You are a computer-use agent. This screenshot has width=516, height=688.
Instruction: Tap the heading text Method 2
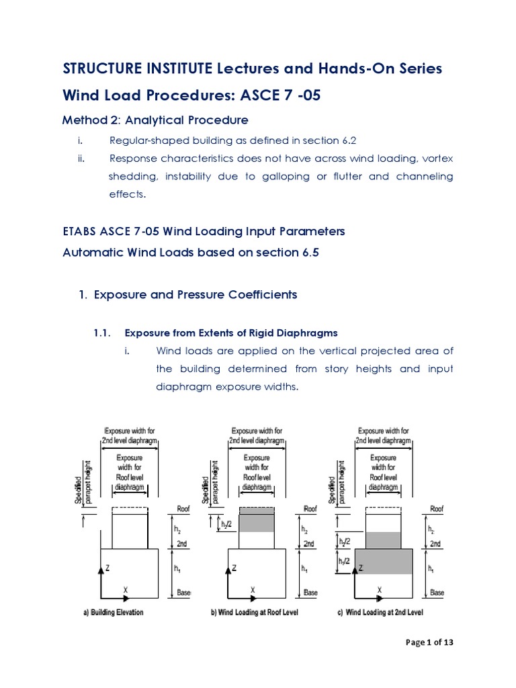89,120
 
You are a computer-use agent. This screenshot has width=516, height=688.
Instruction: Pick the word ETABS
79,231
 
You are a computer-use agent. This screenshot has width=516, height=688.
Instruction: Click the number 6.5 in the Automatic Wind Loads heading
318,252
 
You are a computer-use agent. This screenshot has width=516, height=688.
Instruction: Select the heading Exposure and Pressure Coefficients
195,295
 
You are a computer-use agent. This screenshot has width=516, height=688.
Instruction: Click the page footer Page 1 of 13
430,643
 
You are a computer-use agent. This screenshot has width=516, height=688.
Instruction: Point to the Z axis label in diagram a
108,568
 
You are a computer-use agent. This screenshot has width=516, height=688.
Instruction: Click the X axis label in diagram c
380,590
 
